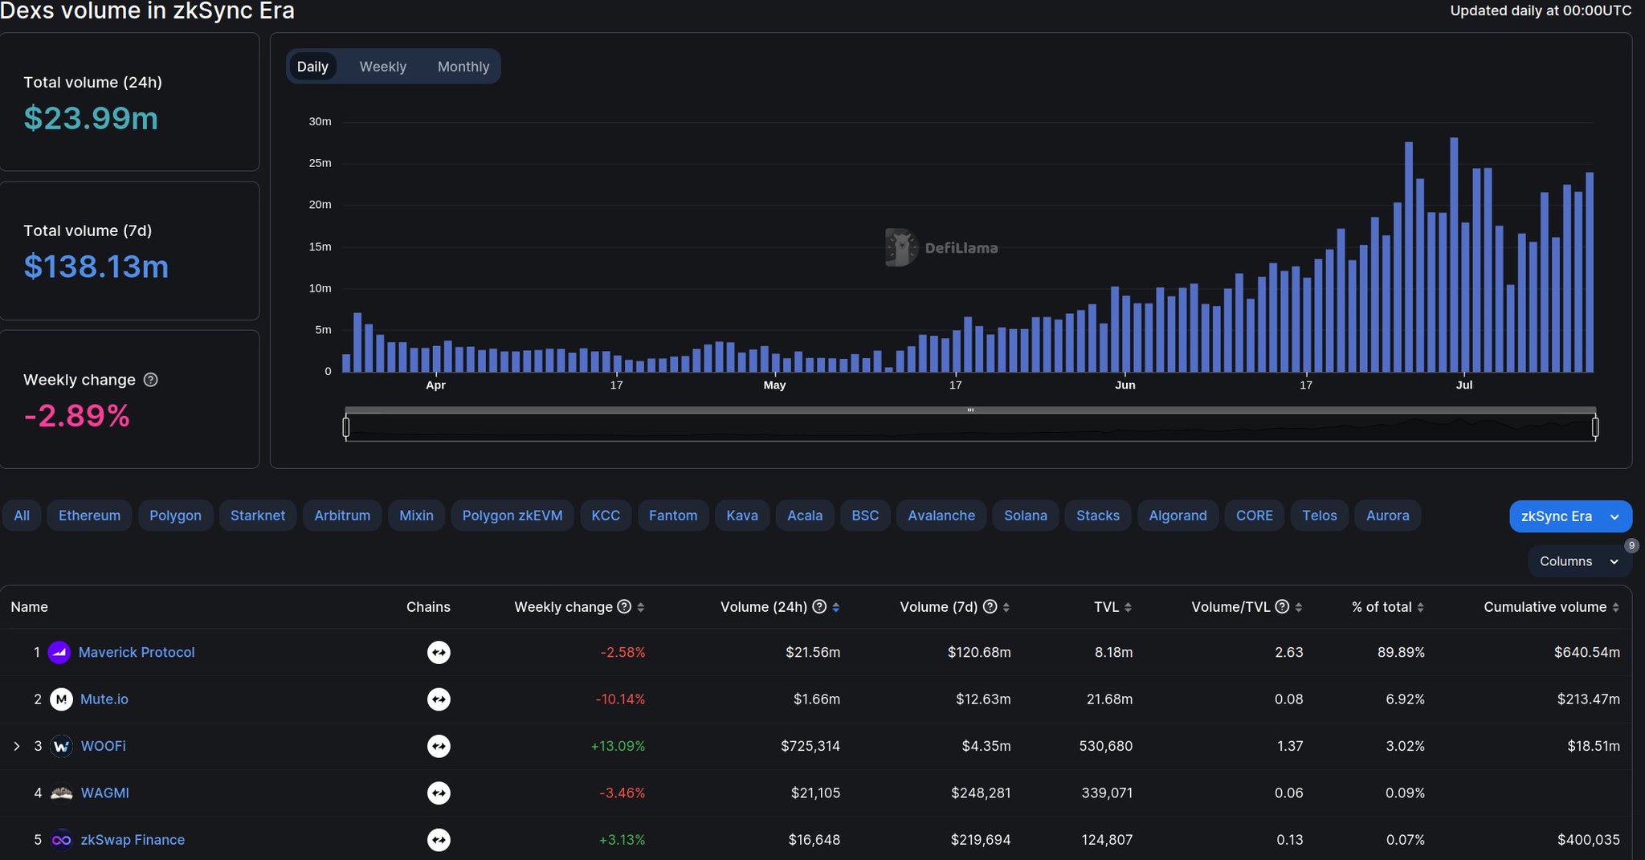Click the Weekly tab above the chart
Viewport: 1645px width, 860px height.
coord(382,67)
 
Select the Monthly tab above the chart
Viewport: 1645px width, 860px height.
coord(463,67)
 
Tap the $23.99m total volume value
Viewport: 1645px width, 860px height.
coord(91,118)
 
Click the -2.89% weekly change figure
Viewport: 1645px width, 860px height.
coord(77,416)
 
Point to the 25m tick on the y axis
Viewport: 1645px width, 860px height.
coord(320,163)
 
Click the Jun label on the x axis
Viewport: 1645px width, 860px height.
coord(1125,385)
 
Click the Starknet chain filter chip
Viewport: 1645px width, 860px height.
coord(257,516)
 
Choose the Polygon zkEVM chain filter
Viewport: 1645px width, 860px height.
coord(512,516)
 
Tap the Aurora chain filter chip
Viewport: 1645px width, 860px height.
coord(1387,516)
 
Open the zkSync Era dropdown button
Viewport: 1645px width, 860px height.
coord(1569,516)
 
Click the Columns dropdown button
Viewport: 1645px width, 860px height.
coord(1578,561)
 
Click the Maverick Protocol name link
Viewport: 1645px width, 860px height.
coord(137,652)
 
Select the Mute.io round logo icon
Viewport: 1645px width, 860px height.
coord(61,699)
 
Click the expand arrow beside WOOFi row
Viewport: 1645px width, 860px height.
coord(17,746)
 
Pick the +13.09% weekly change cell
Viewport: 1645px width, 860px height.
coord(618,746)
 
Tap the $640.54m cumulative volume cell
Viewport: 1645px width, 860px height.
coord(1586,652)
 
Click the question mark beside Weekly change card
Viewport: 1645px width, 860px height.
coord(150,380)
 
